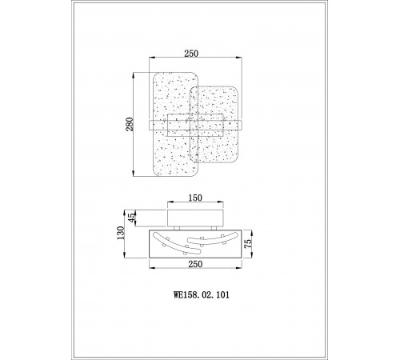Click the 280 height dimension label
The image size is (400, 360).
pos(130,124)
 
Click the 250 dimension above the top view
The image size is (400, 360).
pos(191,54)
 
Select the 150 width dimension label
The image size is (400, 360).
pos(195,198)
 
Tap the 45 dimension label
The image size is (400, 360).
pos(132,218)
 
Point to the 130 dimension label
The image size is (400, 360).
pos(121,233)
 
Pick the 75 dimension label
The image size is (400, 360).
pos(248,244)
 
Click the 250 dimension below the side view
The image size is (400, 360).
pos(195,264)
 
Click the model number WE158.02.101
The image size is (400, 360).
pos(202,295)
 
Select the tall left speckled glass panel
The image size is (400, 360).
pos(175,124)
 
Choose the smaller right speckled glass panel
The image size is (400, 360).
pos(214,125)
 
